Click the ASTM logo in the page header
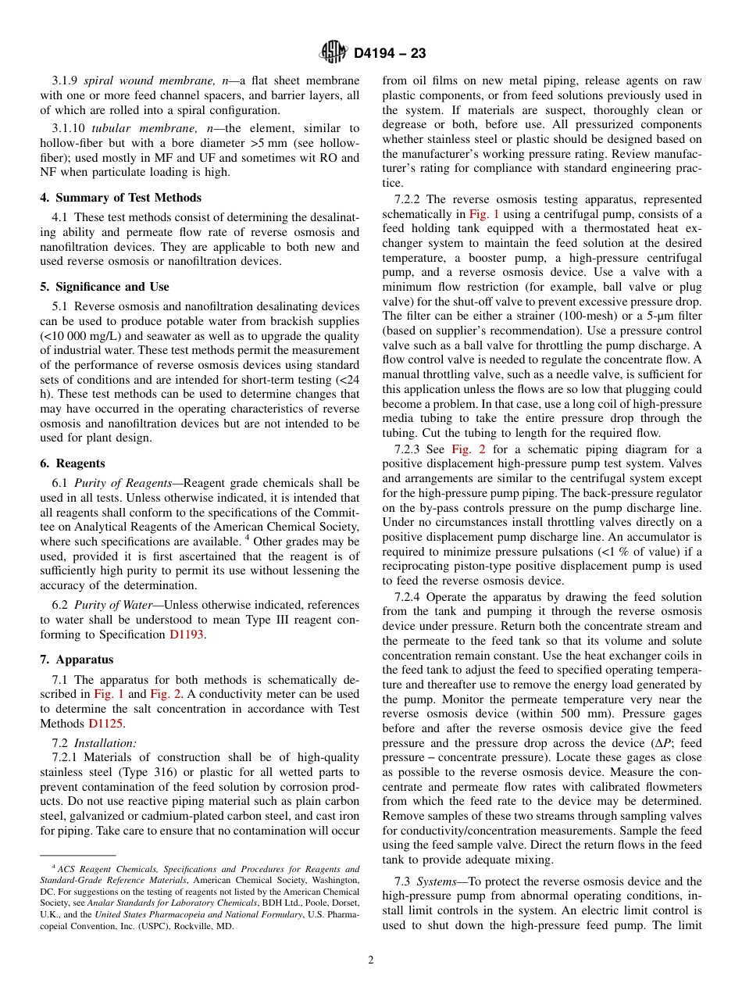(x=334, y=53)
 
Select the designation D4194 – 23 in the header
(x=390, y=54)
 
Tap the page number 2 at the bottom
(x=371, y=960)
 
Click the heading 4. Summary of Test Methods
(x=120, y=198)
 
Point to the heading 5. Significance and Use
(x=104, y=287)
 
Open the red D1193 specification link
(x=187, y=635)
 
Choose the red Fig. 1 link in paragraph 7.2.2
(x=484, y=214)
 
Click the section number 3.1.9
(x=65, y=80)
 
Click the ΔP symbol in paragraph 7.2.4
(x=663, y=742)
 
